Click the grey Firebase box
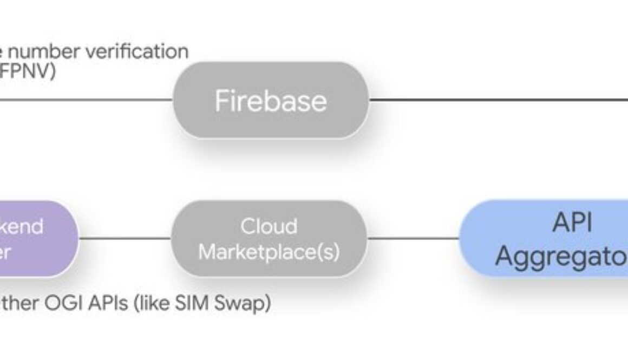pyautogui.click(x=271, y=100)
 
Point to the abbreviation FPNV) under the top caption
pyautogui.click(x=27, y=71)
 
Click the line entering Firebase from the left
pyautogui.click(x=87, y=100)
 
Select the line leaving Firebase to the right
pyautogui.click(x=498, y=100)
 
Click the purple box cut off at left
pyautogui.click(x=38, y=238)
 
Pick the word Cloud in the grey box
pyautogui.click(x=269, y=226)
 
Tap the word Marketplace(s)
pyautogui.click(x=269, y=252)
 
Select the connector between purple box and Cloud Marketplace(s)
pyautogui.click(x=125, y=238)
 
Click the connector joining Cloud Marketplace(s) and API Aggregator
pyautogui.click(x=413, y=238)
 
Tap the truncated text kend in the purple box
pyautogui.click(x=22, y=226)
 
